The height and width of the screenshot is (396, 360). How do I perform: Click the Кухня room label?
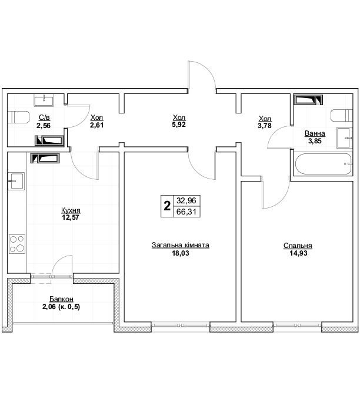click(x=71, y=210)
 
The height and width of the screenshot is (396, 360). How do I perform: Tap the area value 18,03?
click(x=181, y=253)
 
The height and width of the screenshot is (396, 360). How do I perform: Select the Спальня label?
click(x=298, y=246)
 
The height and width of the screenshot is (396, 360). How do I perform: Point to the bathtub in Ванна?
click(x=324, y=164)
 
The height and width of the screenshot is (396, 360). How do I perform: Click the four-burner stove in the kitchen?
click(x=17, y=244)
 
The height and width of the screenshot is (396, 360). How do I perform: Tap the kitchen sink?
click(x=16, y=181)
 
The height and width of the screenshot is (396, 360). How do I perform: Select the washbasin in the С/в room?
click(x=44, y=100)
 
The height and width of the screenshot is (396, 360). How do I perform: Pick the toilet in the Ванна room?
click(x=342, y=116)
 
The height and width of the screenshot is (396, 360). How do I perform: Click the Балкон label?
click(x=61, y=299)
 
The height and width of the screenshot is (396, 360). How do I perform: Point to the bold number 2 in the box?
click(x=167, y=206)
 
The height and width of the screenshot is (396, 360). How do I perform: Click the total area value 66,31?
click(x=186, y=212)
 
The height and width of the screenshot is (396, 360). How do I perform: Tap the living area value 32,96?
click(x=186, y=200)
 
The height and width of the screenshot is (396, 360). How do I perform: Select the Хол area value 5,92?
click(x=179, y=125)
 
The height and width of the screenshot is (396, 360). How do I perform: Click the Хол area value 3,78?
click(x=265, y=126)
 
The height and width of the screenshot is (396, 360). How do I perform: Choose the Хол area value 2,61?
click(x=97, y=125)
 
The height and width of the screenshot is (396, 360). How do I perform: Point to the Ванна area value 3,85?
click(x=315, y=141)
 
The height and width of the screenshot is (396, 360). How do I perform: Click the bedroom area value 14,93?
click(x=298, y=253)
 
